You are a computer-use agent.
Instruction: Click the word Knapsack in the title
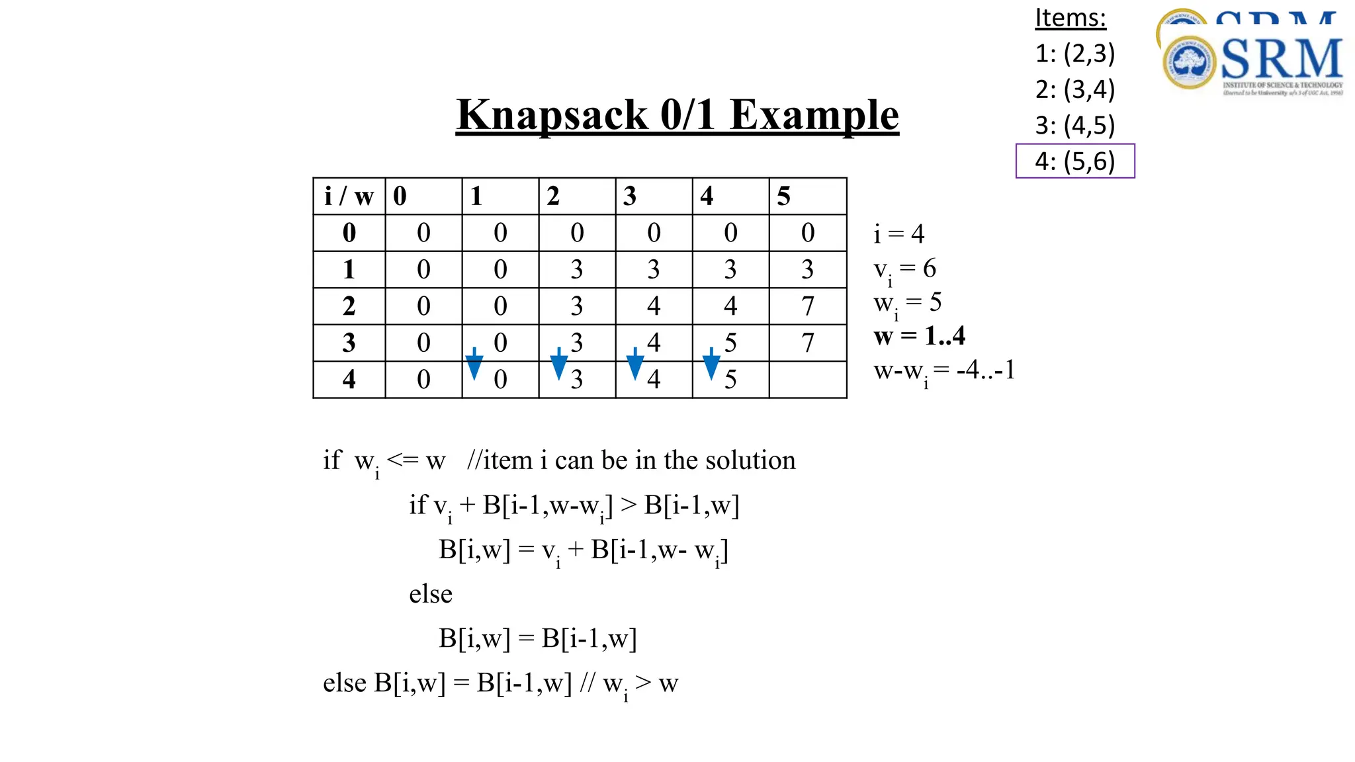pos(552,115)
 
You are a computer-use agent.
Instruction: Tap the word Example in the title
pos(814,115)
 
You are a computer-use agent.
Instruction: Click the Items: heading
pos(1070,18)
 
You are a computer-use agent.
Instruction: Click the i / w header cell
pos(349,196)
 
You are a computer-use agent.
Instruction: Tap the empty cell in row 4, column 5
pos(807,380)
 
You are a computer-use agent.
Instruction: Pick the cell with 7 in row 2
pos(807,306)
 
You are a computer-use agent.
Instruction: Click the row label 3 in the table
pos(349,343)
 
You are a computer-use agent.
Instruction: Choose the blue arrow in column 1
pos(474,363)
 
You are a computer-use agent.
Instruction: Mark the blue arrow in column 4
pos(711,363)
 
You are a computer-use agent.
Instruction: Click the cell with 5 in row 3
pos(730,343)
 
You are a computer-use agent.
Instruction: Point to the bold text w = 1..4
pos(919,337)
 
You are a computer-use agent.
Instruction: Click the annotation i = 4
pos(898,234)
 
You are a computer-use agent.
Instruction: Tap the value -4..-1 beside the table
pos(985,370)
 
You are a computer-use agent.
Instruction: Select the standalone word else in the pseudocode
pos(431,594)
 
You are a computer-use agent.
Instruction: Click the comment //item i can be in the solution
pos(631,460)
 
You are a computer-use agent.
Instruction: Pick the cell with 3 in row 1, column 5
pos(807,269)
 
